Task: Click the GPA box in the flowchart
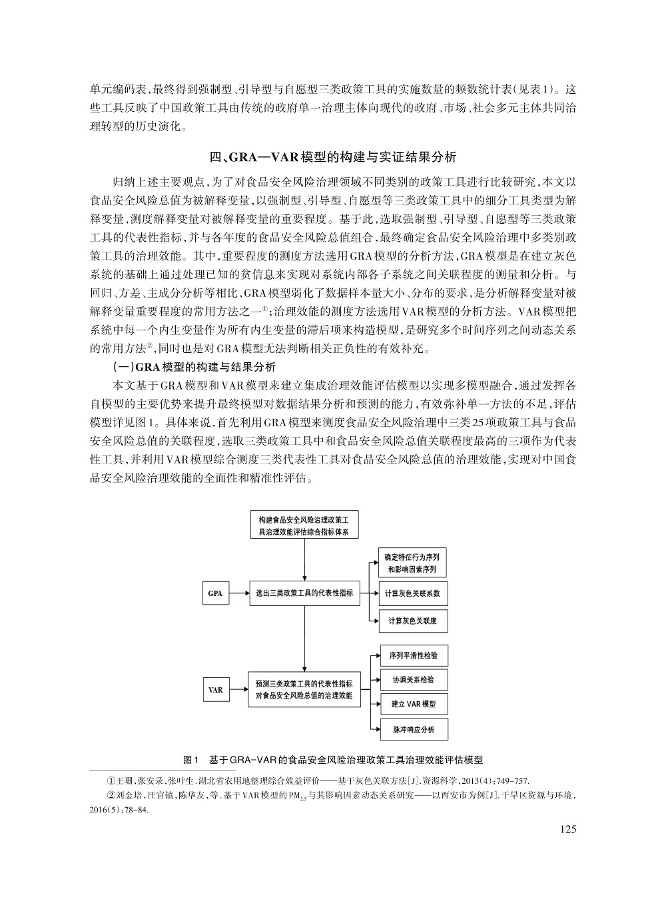tap(215, 593)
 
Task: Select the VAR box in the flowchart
tap(215, 690)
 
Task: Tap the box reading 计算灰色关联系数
tap(413, 593)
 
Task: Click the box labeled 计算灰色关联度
tap(413, 621)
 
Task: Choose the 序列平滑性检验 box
tap(413, 655)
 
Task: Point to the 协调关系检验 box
tap(413, 680)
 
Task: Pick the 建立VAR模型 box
tap(413, 705)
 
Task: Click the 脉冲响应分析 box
tap(413, 729)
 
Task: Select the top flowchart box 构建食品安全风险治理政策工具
tap(304, 525)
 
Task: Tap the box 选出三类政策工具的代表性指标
tap(304, 593)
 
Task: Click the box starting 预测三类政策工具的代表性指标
tap(304, 690)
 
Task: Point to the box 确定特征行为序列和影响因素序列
tap(413, 563)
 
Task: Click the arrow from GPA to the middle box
tap(238, 593)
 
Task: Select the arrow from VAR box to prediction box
tap(238, 690)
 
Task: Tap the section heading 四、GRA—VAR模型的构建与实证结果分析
tap(333, 158)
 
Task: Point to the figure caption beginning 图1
tap(333, 759)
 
